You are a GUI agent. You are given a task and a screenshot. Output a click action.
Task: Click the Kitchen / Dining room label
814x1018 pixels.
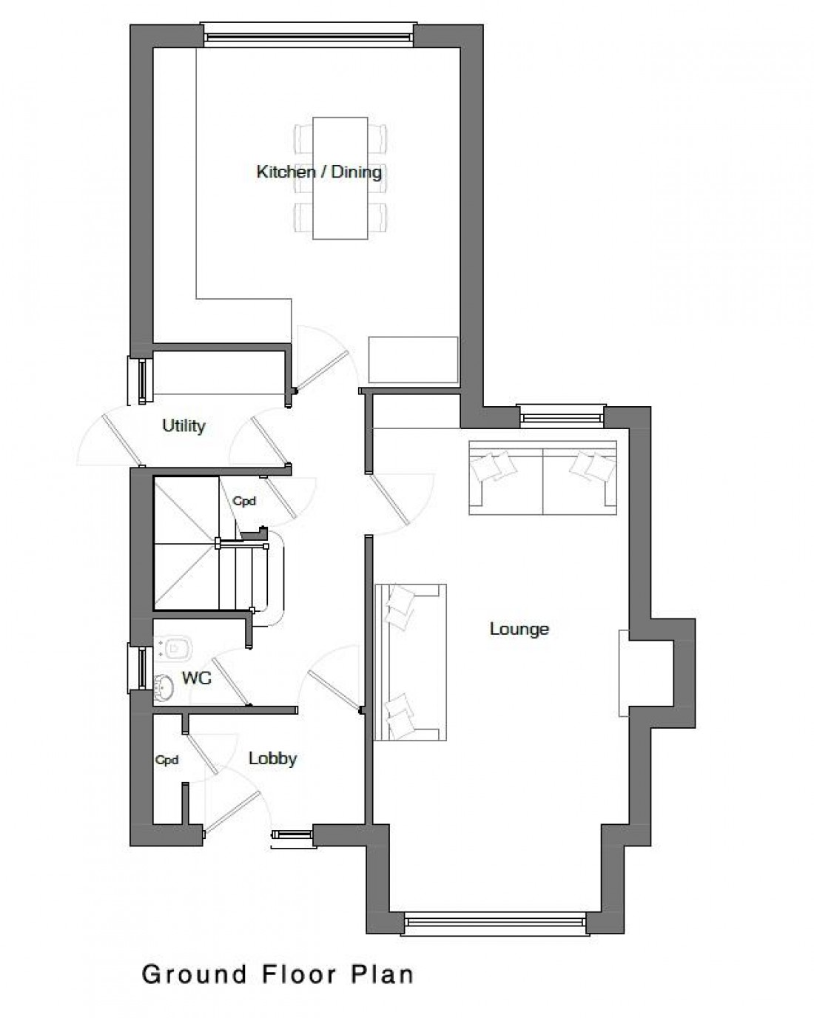click(x=319, y=172)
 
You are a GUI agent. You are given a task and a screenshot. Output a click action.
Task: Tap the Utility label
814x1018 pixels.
click(x=184, y=425)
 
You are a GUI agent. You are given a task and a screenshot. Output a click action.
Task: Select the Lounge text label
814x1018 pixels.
click(x=519, y=629)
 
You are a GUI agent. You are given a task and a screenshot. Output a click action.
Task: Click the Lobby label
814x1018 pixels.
click(x=272, y=758)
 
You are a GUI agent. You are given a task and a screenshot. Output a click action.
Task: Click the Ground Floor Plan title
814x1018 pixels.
click(x=277, y=974)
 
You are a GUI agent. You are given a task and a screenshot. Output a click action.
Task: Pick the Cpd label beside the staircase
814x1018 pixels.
click(x=244, y=502)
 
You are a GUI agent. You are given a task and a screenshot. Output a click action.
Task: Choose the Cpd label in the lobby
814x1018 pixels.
click(x=166, y=761)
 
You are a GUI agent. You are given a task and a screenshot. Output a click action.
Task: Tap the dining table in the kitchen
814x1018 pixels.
click(x=340, y=178)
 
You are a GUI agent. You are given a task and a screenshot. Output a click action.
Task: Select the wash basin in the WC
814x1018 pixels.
click(x=164, y=687)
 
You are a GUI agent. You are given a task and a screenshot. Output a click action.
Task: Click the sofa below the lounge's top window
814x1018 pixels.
click(x=542, y=477)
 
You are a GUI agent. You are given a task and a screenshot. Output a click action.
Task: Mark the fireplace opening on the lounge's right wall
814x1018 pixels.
click(x=625, y=673)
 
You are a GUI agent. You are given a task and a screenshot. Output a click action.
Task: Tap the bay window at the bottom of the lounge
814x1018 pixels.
click(x=495, y=921)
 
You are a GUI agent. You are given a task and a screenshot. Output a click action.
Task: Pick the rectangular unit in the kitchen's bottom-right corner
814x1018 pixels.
click(x=413, y=360)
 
